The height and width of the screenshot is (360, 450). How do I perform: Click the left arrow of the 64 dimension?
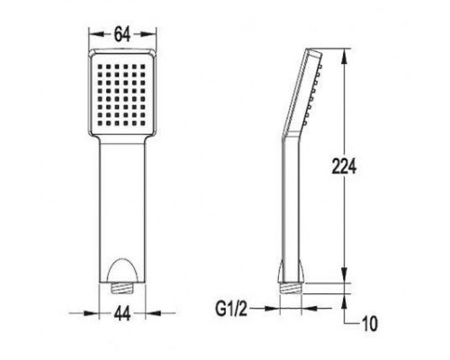point(94,35)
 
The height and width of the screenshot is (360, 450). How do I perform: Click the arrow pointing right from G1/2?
point(270,307)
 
